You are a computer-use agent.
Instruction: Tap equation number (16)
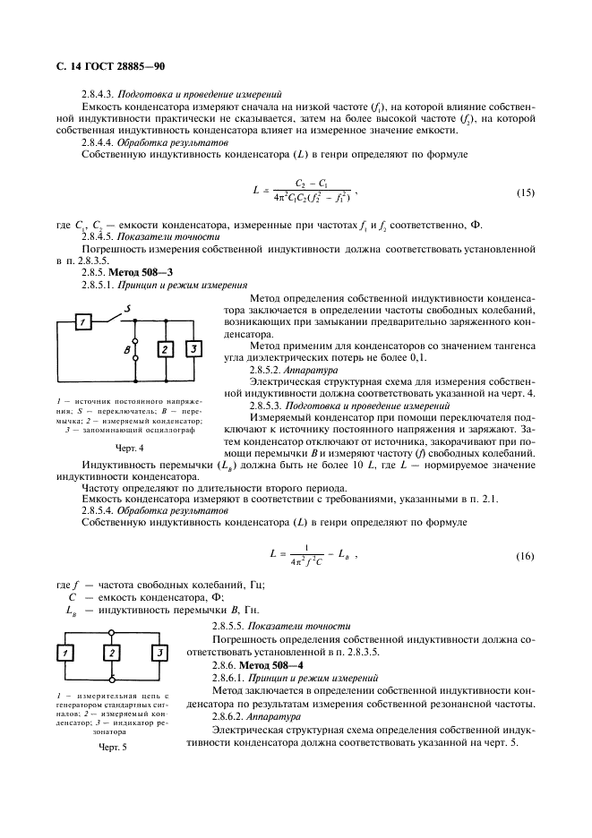click(x=526, y=557)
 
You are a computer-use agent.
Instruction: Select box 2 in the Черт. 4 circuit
click(x=166, y=350)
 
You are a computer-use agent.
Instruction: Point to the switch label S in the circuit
click(x=129, y=309)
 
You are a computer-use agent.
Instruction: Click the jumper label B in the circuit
click(x=125, y=351)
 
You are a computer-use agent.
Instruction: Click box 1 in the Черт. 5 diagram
click(x=66, y=654)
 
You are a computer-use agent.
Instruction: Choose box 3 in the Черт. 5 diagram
click(x=159, y=654)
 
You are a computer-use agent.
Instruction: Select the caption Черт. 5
click(x=112, y=748)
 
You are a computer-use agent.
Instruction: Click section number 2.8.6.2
click(x=230, y=717)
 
